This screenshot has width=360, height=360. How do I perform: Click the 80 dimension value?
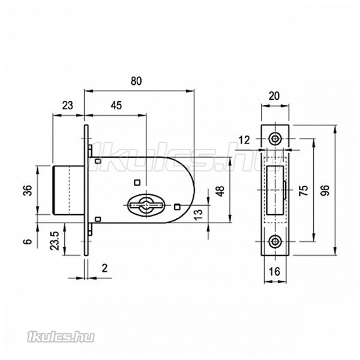(x=136, y=81)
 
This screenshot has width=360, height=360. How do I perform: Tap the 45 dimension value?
(x=116, y=106)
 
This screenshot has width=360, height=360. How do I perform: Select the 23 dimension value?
(x=67, y=106)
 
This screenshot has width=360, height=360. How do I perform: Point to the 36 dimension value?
(x=28, y=190)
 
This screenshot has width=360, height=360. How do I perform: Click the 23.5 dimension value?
(x=55, y=241)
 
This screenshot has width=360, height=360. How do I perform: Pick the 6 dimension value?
(x=28, y=242)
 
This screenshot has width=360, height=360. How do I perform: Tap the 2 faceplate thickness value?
(x=104, y=268)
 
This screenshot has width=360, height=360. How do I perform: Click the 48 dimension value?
(x=220, y=191)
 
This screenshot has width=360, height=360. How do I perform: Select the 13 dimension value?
(x=199, y=215)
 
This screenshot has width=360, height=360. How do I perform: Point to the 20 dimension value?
(x=274, y=96)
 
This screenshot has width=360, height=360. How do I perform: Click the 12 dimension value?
(x=244, y=140)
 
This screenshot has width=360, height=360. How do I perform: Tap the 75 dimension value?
(x=304, y=190)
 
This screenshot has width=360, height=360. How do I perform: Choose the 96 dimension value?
(x=325, y=190)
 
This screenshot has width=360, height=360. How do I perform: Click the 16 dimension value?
(x=274, y=272)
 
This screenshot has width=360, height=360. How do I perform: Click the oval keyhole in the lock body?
(x=146, y=204)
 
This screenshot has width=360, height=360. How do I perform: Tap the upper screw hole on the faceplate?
(x=275, y=139)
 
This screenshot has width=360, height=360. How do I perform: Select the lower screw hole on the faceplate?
(x=275, y=241)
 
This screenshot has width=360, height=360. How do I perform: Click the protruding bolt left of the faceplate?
(x=68, y=190)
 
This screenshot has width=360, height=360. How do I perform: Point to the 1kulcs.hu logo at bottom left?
(x=61, y=337)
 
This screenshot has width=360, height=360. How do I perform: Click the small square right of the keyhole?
(x=177, y=207)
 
